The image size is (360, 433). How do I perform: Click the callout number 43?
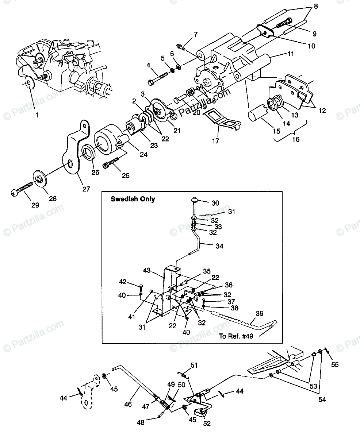147,271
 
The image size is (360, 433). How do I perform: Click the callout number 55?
334,364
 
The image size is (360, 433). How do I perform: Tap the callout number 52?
207,424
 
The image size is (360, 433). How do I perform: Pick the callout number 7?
196,35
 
